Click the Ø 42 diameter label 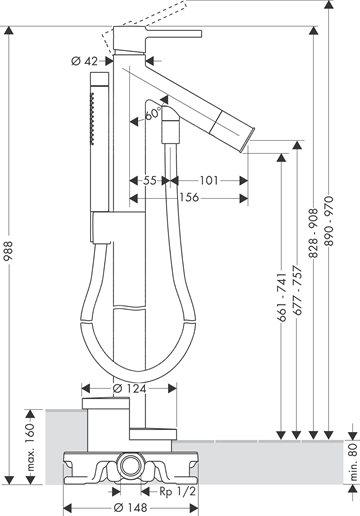click(x=85, y=61)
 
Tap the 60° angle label click(x=152, y=114)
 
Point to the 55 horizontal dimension click(x=150, y=181)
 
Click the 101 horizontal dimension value click(x=209, y=181)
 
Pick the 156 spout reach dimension click(x=189, y=198)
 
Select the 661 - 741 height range click(x=282, y=297)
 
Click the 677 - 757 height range click(x=297, y=290)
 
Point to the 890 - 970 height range click(x=329, y=221)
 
